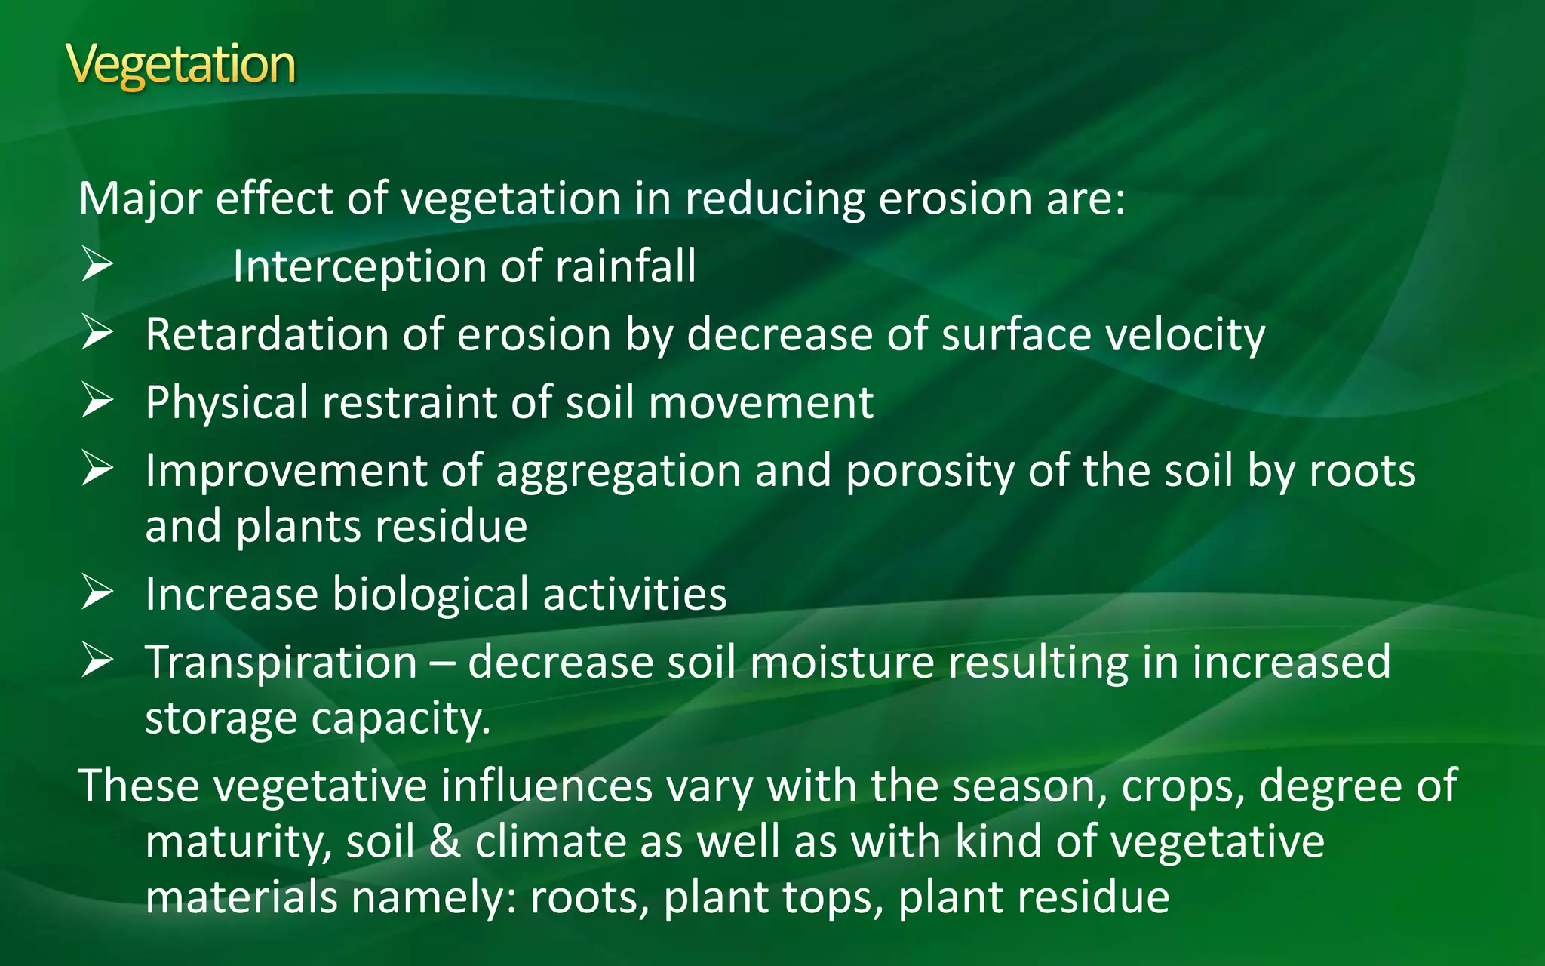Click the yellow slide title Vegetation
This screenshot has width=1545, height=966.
tap(180, 65)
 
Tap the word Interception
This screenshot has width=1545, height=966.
tap(359, 267)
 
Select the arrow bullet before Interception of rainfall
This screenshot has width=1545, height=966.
tap(97, 265)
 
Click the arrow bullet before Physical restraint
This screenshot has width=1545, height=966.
tap(97, 401)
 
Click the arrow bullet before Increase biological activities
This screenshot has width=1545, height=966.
tap(97, 592)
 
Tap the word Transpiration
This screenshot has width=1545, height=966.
tap(281, 663)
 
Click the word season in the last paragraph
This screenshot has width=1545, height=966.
tap(1030, 787)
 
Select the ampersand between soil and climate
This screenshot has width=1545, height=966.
tap(444, 841)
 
